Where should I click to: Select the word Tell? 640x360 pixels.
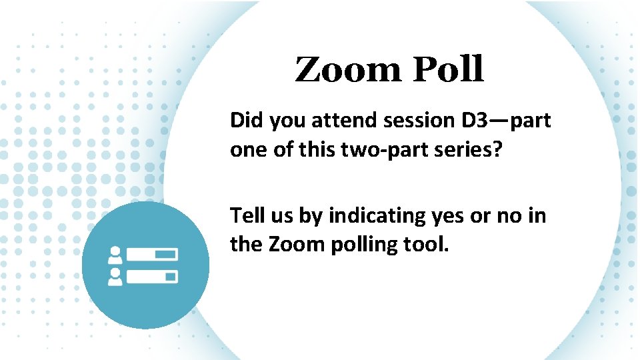pos(247,216)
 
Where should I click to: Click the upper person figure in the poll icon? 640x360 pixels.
pos(115,255)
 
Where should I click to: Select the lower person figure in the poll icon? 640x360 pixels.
pos(115,276)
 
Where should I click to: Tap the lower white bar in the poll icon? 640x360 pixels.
pos(153,276)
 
